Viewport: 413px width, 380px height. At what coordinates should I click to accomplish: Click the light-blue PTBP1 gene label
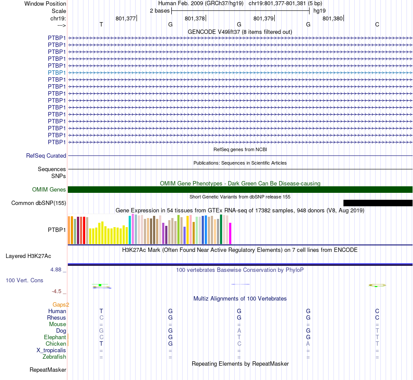click(57, 73)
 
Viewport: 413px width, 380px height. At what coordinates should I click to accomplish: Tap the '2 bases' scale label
click(160, 10)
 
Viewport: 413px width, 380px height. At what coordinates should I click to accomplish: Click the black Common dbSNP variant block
click(377, 203)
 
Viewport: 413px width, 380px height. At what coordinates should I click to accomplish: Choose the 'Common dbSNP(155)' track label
click(39, 203)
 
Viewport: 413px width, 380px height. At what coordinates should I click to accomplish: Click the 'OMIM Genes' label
click(49, 189)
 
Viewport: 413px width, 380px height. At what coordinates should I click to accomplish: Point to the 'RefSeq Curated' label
click(46, 155)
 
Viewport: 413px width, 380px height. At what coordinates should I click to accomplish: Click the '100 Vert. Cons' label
click(24, 281)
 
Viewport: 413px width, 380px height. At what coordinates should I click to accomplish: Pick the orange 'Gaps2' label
click(61, 304)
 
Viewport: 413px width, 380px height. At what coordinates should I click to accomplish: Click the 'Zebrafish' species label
click(54, 357)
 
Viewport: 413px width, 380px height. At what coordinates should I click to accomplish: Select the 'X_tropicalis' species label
click(51, 350)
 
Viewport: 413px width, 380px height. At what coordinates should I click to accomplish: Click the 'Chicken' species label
click(56, 344)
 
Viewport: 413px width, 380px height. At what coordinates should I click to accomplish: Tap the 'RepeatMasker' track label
click(48, 370)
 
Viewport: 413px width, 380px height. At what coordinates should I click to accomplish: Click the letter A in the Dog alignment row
click(239, 330)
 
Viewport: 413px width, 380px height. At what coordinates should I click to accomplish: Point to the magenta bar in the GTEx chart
click(230, 233)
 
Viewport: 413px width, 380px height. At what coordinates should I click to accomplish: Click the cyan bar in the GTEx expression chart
click(130, 229)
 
